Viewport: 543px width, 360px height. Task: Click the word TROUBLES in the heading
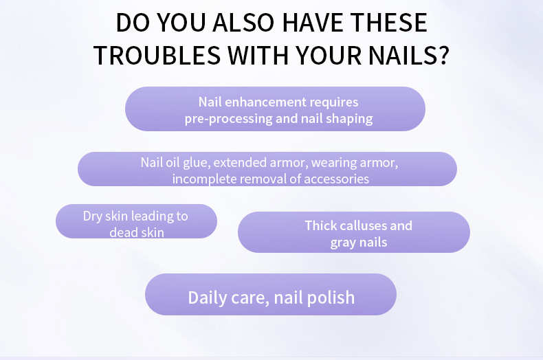pyautogui.click(x=157, y=56)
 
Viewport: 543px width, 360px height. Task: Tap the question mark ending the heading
pyautogui.click(x=443, y=55)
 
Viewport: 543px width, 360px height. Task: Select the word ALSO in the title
pyautogui.click(x=243, y=23)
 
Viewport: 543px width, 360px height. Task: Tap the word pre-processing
pyautogui.click(x=229, y=119)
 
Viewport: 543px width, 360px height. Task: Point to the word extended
pyautogui.click(x=240, y=163)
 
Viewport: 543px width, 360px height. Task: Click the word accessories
pyautogui.click(x=337, y=179)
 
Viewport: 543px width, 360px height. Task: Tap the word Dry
pyautogui.click(x=93, y=216)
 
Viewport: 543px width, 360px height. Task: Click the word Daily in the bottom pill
pyautogui.click(x=208, y=298)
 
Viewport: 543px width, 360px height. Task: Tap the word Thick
pyautogui.click(x=321, y=226)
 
